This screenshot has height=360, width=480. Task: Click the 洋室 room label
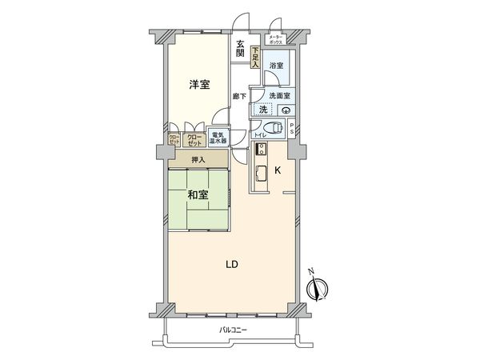tap(200, 84)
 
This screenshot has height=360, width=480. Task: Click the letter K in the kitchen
tap(278, 170)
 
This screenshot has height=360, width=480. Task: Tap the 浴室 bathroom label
tap(276, 65)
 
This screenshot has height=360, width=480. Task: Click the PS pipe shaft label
tap(293, 130)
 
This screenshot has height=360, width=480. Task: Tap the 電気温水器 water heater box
tap(218, 137)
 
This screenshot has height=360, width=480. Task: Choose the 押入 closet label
tap(198, 160)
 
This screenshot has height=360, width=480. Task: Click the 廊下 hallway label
tap(239, 97)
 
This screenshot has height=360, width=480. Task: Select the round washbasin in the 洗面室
tap(286, 111)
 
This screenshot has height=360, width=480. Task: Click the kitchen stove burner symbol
tap(259, 149)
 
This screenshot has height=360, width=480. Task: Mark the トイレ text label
tap(260, 136)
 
